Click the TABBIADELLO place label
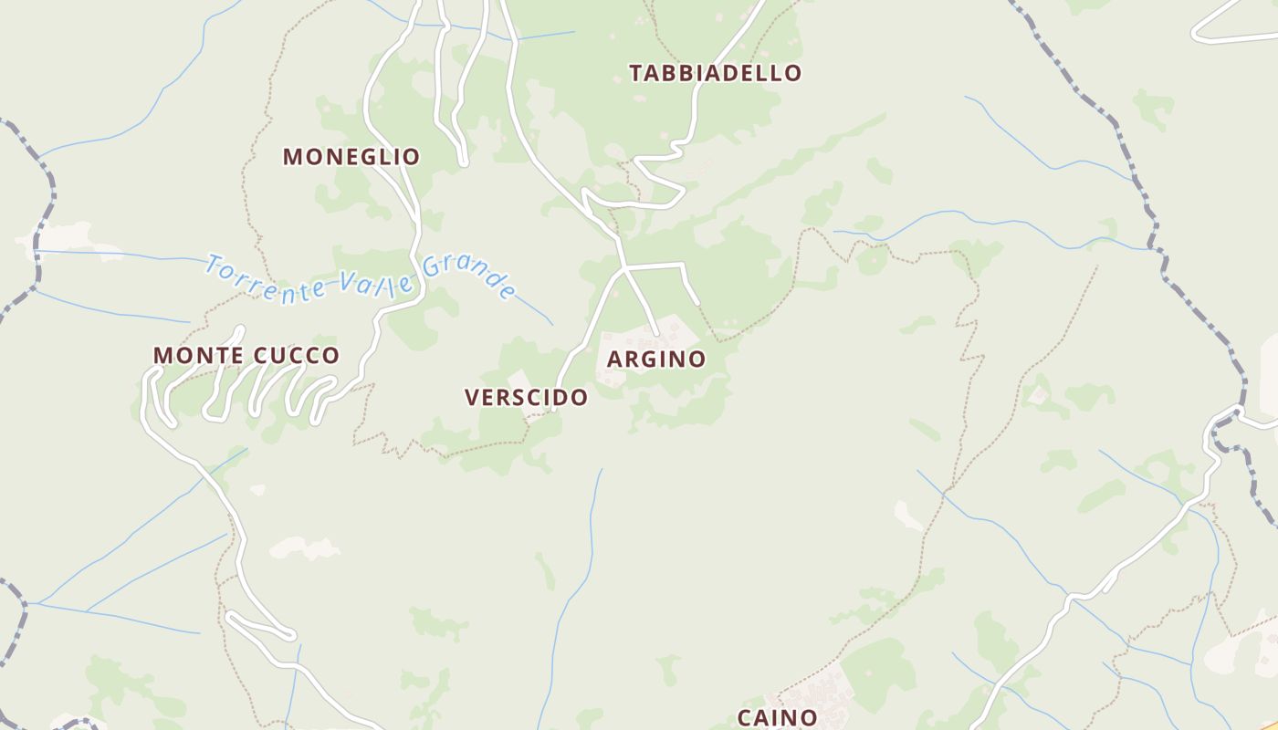click(716, 73)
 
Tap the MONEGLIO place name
click(351, 157)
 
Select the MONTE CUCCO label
click(246, 355)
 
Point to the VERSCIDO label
click(526, 398)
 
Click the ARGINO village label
click(656, 360)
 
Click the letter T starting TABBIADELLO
click(636, 73)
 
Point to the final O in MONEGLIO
click(413, 157)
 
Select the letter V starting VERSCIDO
click(472, 398)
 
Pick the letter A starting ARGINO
click(614, 360)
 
